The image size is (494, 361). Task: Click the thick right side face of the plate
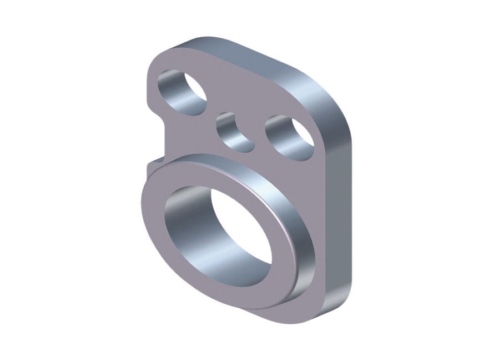point(339,211)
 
